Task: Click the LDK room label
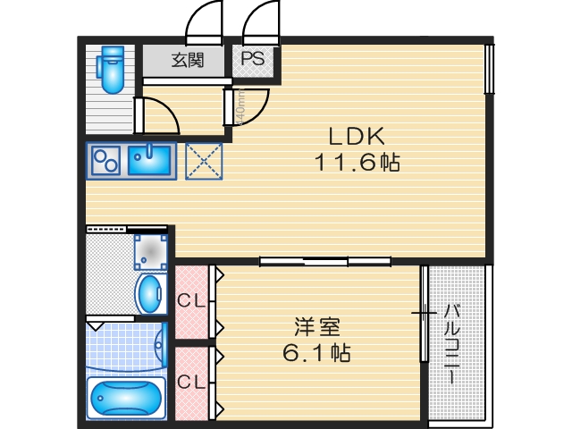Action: point(356,137)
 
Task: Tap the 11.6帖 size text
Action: point(356,163)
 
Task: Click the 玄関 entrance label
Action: point(187,61)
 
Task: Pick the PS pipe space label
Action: point(252,60)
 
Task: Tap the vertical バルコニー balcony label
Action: point(453,344)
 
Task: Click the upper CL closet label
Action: point(189,300)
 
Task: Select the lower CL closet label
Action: point(189,383)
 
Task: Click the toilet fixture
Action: point(112,70)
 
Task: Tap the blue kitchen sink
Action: point(149,161)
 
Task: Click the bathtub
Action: point(126,397)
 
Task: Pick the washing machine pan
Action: point(150,251)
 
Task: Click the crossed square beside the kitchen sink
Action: point(204,162)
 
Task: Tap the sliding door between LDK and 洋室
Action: point(325,261)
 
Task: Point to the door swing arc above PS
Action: point(259,21)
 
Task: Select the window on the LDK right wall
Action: point(489,68)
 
